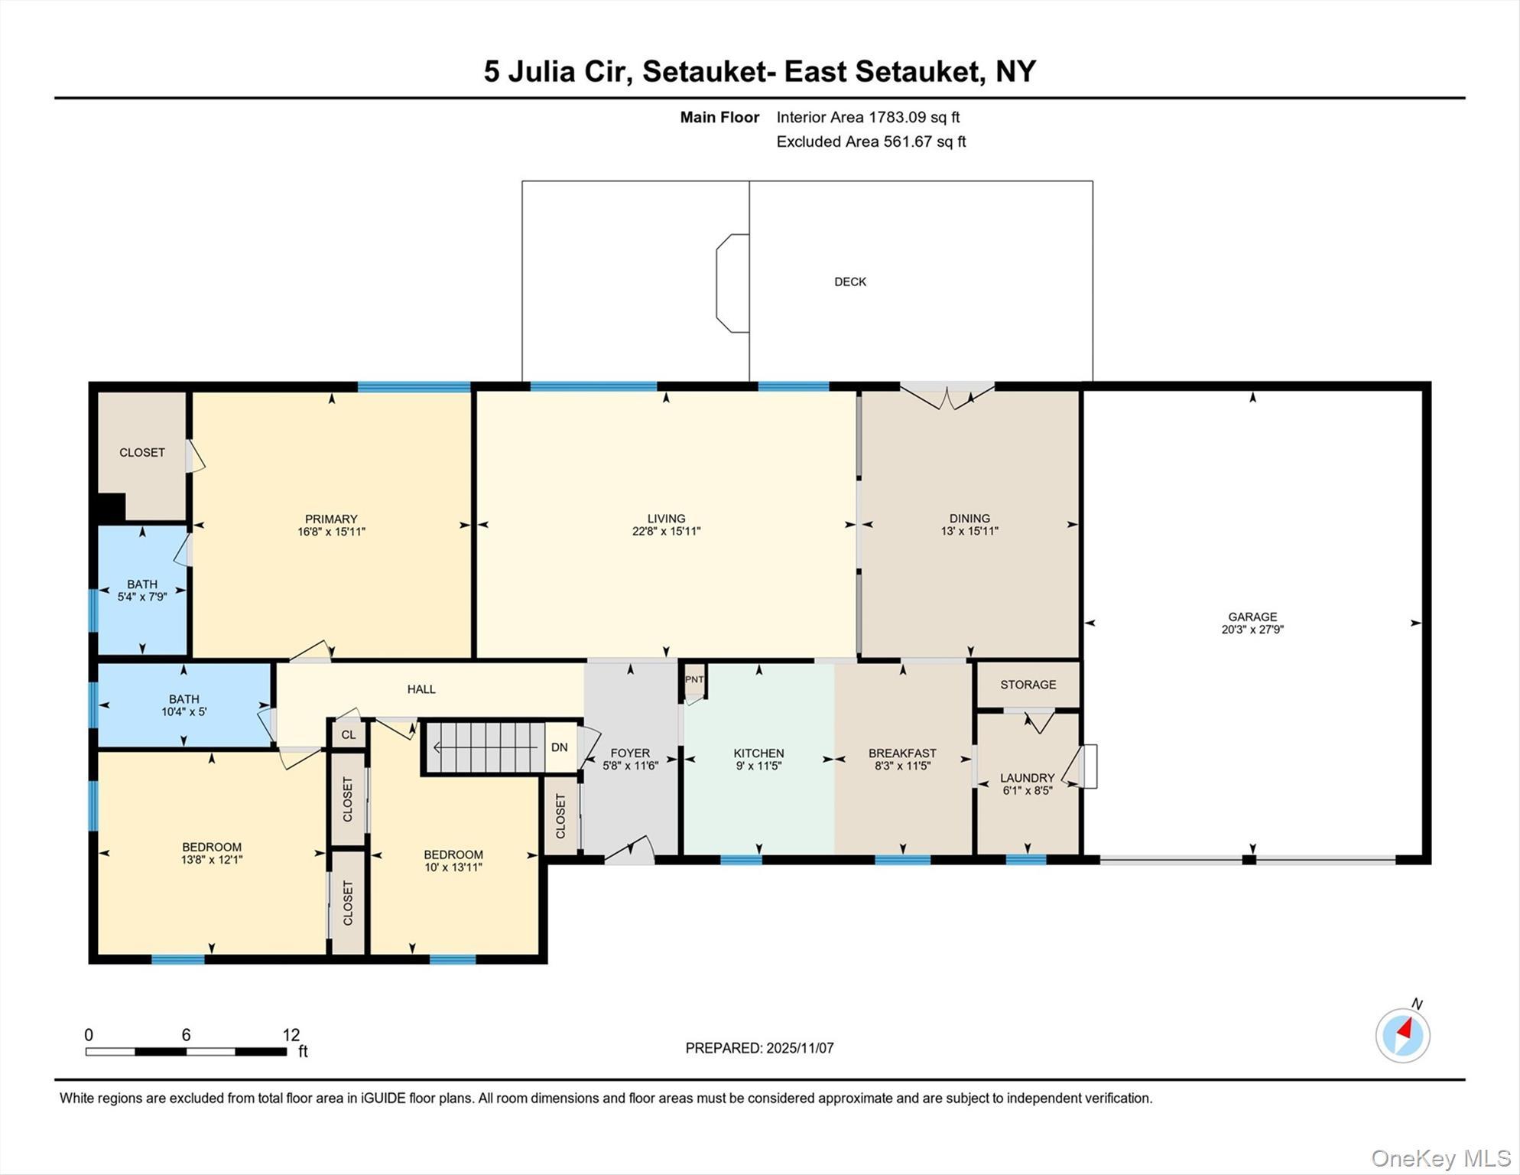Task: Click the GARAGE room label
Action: (x=1252, y=616)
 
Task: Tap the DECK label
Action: (x=849, y=282)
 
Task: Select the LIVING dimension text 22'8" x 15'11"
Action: (x=665, y=531)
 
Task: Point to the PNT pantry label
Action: (x=693, y=679)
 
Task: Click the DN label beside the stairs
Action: (x=559, y=747)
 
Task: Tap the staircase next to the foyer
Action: (x=486, y=747)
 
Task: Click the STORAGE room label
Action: (x=1028, y=684)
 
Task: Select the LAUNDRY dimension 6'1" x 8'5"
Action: (x=1027, y=790)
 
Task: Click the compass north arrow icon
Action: (x=1402, y=1035)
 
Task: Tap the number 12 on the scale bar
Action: (x=291, y=1034)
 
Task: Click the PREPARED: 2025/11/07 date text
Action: (x=758, y=1047)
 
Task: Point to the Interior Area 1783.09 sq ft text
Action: (x=867, y=117)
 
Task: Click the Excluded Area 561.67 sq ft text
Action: (x=870, y=142)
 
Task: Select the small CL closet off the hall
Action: (x=348, y=734)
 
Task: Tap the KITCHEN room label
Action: (x=758, y=753)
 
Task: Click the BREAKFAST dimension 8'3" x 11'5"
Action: (x=901, y=765)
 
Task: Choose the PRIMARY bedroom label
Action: (x=331, y=519)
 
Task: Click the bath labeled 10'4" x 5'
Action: (x=184, y=705)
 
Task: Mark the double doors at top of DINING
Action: (x=947, y=396)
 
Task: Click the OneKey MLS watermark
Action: (x=1440, y=1158)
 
